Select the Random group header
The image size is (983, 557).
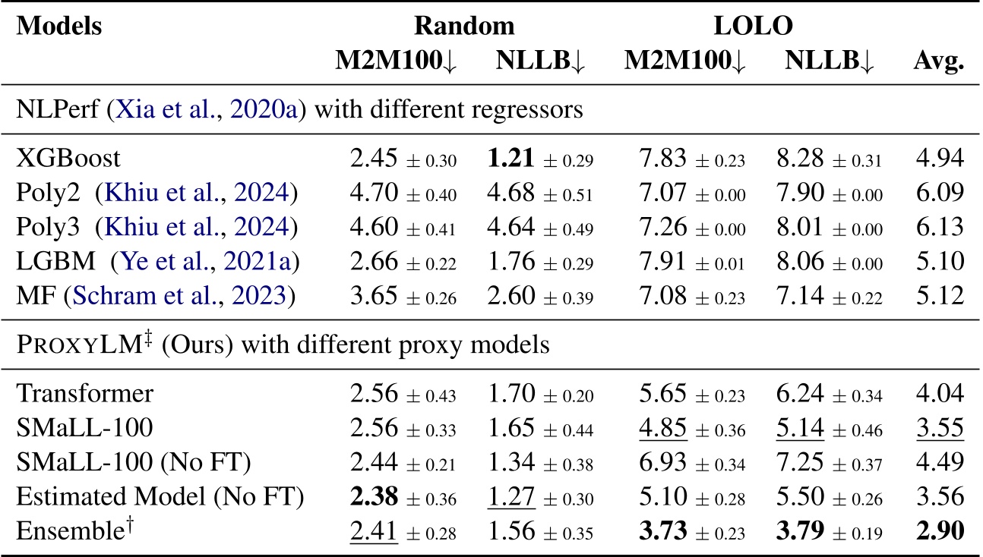tap(463, 26)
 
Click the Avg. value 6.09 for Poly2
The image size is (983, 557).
tap(940, 194)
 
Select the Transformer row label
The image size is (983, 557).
tap(84, 394)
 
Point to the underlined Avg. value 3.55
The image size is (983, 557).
tap(940, 429)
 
